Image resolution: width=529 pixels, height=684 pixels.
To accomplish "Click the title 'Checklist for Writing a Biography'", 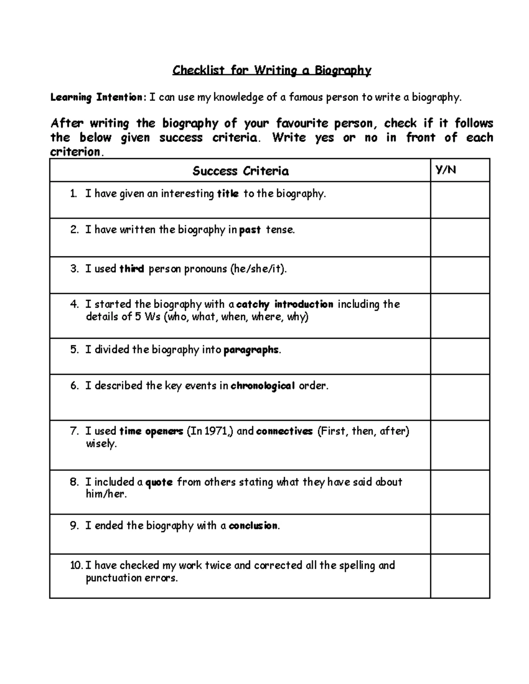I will pos(272,70).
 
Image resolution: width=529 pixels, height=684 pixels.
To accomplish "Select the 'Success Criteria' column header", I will pos(240,171).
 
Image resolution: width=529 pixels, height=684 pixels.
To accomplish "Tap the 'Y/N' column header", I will pos(446,170).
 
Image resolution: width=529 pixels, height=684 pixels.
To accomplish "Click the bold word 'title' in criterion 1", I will pos(228,194).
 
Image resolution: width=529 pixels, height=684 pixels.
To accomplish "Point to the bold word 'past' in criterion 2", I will pos(250,230).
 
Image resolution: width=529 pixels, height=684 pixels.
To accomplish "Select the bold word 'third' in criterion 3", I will pos(132,269).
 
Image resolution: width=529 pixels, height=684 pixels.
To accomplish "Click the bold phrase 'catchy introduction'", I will pos(285,304).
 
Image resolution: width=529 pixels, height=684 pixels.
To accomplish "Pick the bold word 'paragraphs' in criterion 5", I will pos(251,350).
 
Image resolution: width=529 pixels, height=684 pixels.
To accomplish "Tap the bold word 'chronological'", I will pos(263,386).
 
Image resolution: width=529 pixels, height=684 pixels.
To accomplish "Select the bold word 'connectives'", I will pos(284,431).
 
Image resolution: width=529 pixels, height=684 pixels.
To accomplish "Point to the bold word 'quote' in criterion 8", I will pos(159,482).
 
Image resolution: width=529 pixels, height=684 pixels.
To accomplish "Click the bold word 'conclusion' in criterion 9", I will pos(253,526).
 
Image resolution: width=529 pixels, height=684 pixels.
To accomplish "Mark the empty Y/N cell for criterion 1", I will pos(460,200).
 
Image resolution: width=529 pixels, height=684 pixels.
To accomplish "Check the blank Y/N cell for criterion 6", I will pos(460,397).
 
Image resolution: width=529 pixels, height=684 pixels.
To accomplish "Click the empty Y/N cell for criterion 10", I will pos(460,576).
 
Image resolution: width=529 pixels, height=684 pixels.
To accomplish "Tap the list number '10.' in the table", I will pos(76,566).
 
